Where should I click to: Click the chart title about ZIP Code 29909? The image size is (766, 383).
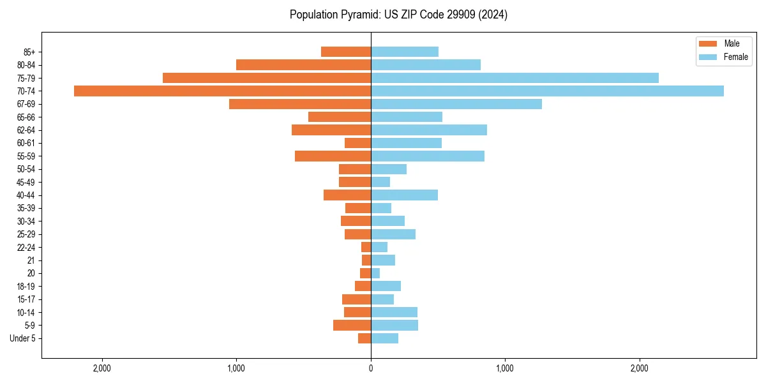(x=398, y=15)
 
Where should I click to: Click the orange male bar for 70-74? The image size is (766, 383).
(x=222, y=91)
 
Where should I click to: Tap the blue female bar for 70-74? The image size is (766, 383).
(x=547, y=91)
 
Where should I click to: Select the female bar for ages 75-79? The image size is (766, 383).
(x=514, y=78)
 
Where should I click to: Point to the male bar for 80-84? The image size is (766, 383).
(x=303, y=64)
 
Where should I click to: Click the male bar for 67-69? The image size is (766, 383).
(x=300, y=104)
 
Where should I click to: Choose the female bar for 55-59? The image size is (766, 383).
(x=428, y=156)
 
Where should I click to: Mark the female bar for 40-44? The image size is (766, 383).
(x=404, y=195)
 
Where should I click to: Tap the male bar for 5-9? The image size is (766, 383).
(x=352, y=325)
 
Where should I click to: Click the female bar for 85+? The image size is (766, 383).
(x=405, y=52)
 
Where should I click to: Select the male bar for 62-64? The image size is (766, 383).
(x=331, y=130)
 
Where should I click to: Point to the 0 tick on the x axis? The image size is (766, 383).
(x=371, y=368)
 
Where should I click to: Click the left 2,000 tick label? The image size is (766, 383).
(x=102, y=368)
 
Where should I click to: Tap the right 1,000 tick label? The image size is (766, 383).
(x=505, y=368)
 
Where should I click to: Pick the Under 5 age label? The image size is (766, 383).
(x=22, y=338)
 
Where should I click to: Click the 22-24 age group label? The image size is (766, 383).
(x=26, y=247)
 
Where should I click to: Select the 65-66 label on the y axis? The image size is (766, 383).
(x=26, y=117)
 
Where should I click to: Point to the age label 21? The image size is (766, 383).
(x=31, y=260)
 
